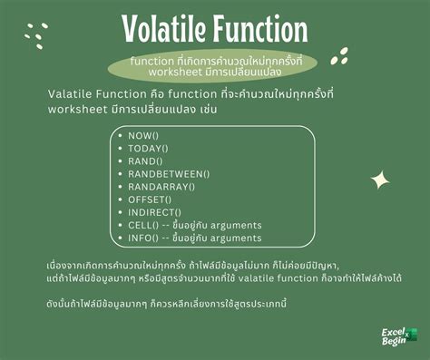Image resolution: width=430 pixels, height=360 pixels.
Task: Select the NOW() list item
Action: (x=144, y=134)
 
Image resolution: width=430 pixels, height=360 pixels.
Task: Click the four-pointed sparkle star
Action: (x=380, y=180)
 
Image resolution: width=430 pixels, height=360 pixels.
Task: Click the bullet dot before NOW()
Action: (x=120, y=134)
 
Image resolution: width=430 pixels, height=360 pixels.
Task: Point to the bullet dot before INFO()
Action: (x=120, y=238)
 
